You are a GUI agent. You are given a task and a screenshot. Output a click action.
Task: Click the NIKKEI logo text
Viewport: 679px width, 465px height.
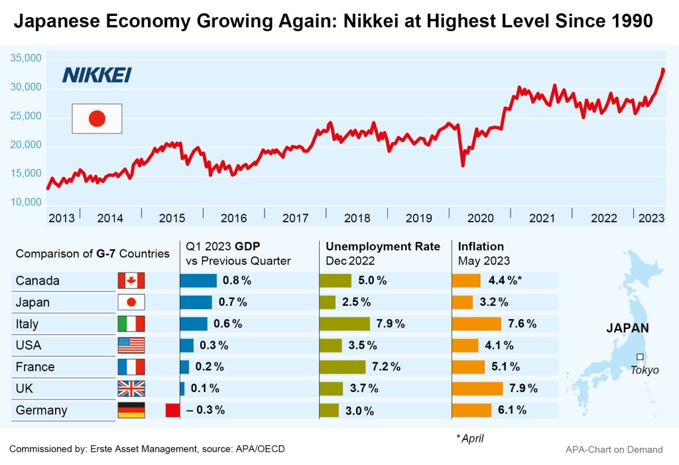coord(97,75)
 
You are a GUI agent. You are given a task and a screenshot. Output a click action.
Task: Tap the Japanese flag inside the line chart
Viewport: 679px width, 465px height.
coord(97,119)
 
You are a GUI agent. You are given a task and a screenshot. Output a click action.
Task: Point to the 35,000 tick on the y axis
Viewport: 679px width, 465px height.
coord(27,58)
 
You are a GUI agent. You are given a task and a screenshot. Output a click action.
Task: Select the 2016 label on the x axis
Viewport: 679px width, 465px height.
coord(233,218)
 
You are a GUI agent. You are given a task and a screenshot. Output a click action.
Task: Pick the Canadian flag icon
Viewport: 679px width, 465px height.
coord(131,281)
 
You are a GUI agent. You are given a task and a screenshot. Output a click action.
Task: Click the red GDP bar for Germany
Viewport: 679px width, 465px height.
coord(172,410)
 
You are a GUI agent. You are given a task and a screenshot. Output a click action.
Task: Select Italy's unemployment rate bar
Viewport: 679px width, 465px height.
coord(344,324)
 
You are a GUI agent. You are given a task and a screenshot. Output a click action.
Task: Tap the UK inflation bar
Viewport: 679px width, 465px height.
coord(477,388)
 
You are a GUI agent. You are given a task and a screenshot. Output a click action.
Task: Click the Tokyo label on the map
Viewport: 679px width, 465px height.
coord(644,370)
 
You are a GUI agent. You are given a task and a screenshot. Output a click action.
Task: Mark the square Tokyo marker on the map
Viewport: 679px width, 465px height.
coord(640,356)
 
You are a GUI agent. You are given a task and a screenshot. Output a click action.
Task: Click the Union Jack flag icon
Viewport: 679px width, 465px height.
coord(131,388)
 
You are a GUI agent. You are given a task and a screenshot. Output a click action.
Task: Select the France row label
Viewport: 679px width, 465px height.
coord(35,367)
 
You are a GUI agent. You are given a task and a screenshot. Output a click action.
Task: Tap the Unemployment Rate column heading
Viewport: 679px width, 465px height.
coord(383,247)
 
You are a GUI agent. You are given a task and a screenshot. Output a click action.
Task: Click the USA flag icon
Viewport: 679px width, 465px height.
coord(131,345)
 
